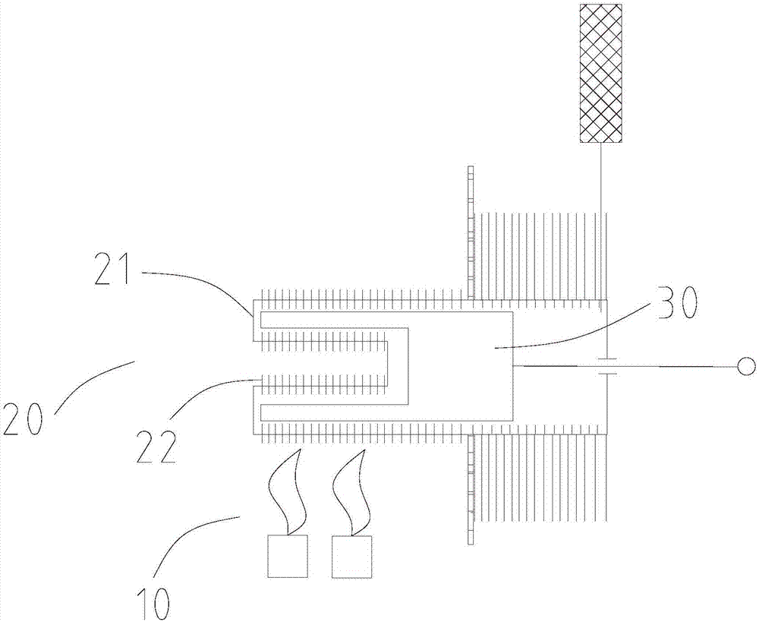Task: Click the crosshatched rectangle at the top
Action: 600,73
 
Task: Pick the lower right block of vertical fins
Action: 539,478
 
